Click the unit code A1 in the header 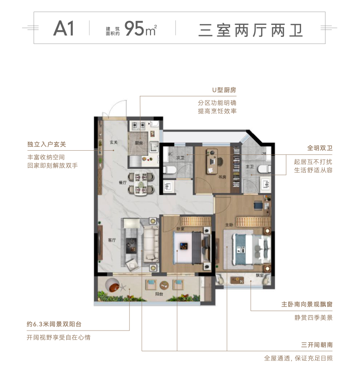click(x=64, y=28)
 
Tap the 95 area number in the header click(x=134, y=28)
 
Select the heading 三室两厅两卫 click(x=250, y=30)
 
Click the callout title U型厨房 click(x=224, y=90)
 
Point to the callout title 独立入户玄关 click(x=46, y=144)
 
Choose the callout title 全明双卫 click(x=319, y=148)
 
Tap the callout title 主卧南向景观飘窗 click(x=307, y=304)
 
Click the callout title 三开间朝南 click(x=317, y=345)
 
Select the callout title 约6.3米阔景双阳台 click(x=54, y=324)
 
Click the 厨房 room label click(x=139, y=143)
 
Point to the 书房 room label click(x=222, y=177)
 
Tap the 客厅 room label click(x=112, y=240)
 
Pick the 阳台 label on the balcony click(x=159, y=294)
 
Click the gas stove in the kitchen click(x=138, y=126)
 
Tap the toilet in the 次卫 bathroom click(x=169, y=170)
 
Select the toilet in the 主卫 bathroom click(x=265, y=169)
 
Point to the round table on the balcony click(x=164, y=285)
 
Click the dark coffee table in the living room click(x=132, y=246)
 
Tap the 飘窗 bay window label click(x=260, y=276)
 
